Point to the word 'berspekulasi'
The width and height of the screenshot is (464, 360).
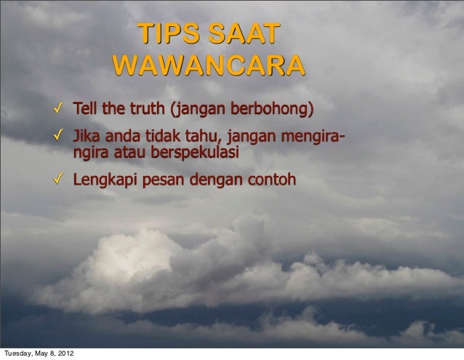tap(195, 153)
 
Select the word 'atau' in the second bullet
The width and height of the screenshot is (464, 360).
tap(130, 153)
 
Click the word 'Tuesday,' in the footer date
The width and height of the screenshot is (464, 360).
tap(17, 355)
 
